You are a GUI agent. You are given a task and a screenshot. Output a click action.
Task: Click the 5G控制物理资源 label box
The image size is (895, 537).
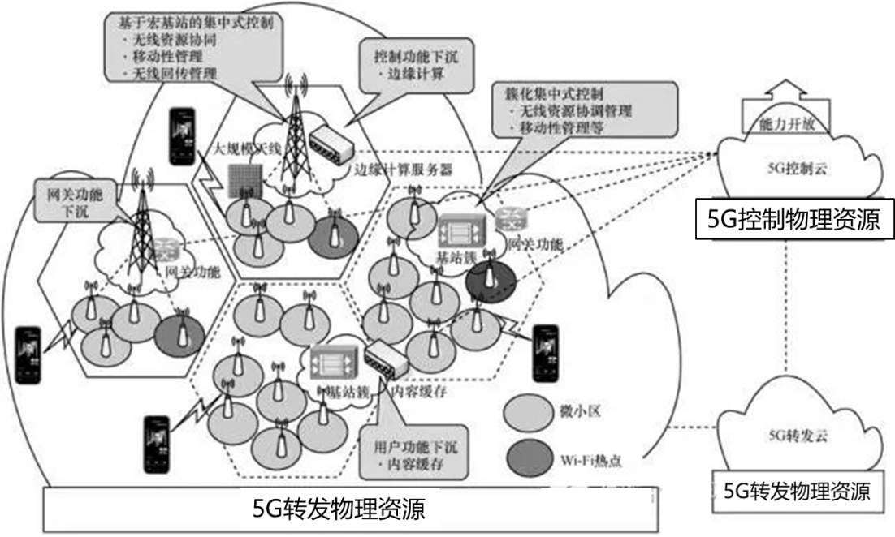pyautogui.click(x=788, y=221)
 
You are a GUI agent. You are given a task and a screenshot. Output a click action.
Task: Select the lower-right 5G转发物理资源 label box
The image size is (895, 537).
pyautogui.click(x=797, y=491)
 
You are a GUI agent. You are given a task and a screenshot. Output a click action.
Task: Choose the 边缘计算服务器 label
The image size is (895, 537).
pyautogui.click(x=401, y=170)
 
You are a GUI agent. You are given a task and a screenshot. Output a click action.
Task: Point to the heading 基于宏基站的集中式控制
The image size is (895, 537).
pyautogui.click(x=174, y=23)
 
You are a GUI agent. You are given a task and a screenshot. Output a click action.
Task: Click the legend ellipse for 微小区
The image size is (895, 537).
pyautogui.click(x=529, y=411)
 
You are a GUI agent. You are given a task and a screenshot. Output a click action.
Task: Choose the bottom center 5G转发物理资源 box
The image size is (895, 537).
pyautogui.click(x=339, y=509)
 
